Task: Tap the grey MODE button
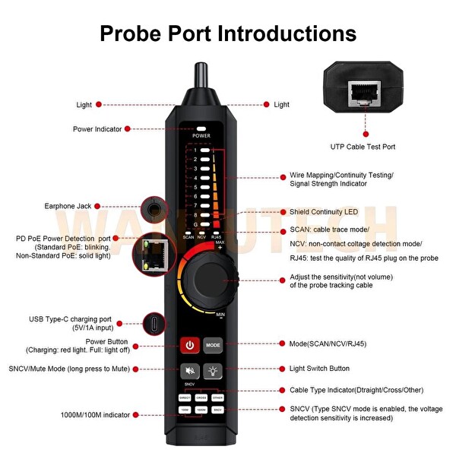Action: (x=213, y=344)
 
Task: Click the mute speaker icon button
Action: (x=190, y=370)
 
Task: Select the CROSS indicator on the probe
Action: (x=201, y=397)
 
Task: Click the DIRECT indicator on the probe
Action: (x=185, y=397)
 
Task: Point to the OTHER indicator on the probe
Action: (x=218, y=397)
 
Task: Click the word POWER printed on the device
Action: (x=201, y=135)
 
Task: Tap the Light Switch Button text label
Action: (x=320, y=369)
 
